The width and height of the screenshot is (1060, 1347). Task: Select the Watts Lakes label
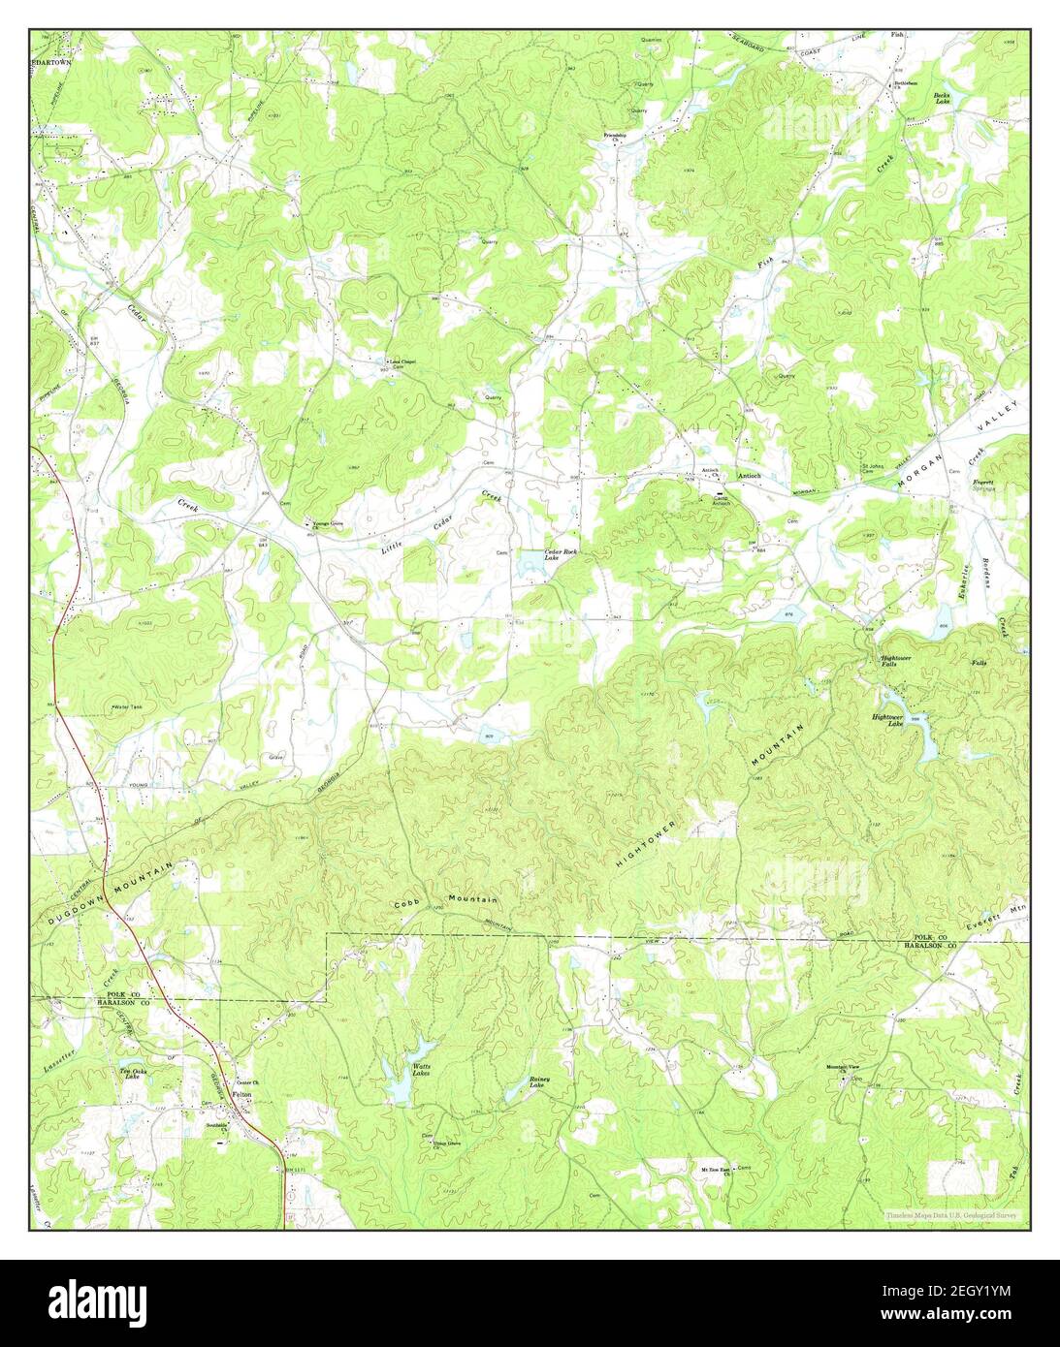pyautogui.click(x=420, y=1070)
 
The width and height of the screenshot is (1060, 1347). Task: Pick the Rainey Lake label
pyautogui.click(x=539, y=1082)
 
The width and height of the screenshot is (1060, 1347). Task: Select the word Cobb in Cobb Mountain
pyautogui.click(x=408, y=904)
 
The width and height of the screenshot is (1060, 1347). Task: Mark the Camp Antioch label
pyautogui.click(x=721, y=501)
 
